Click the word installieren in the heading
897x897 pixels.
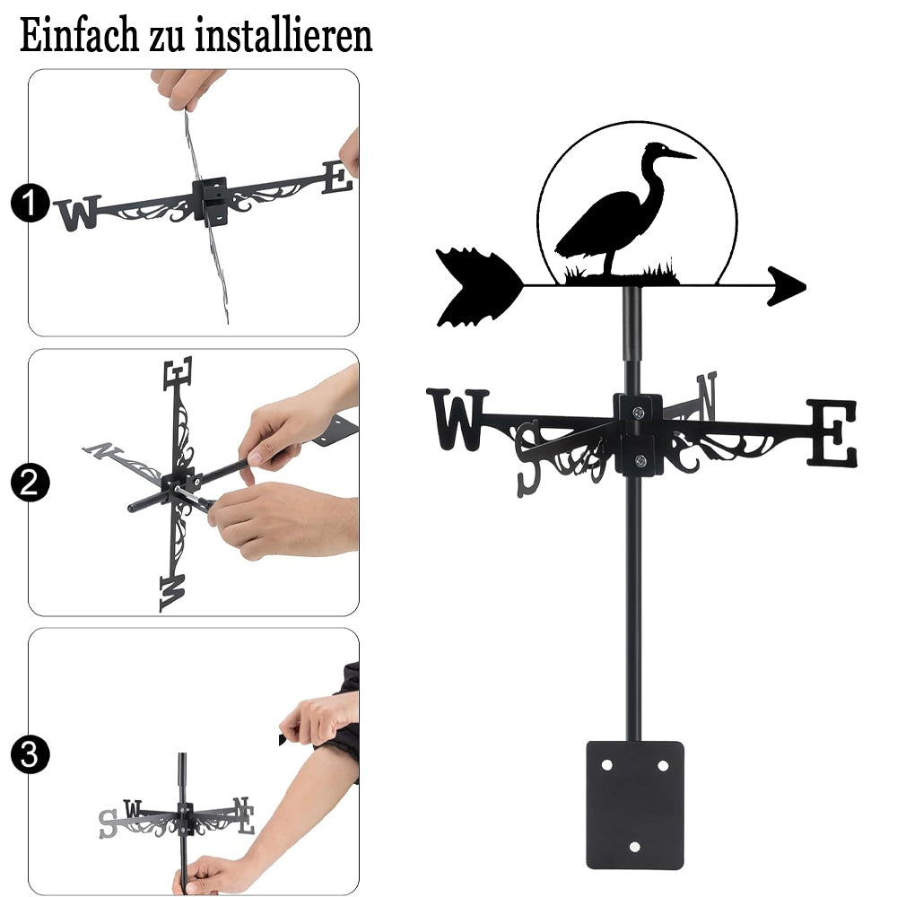(x=283, y=36)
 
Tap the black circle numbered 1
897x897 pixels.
(x=30, y=203)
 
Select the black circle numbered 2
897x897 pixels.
(x=30, y=483)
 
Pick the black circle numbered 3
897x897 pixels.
(x=30, y=754)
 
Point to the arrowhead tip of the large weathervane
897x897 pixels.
(x=806, y=286)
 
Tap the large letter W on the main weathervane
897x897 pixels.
(x=457, y=419)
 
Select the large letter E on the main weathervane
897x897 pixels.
(x=832, y=433)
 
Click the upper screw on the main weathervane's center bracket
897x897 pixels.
(x=638, y=412)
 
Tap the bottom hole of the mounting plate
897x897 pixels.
(x=634, y=847)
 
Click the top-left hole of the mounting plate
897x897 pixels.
(x=607, y=765)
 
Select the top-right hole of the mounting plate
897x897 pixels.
(x=663, y=765)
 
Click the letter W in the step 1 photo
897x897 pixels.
(x=78, y=213)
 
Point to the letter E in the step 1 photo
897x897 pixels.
(x=337, y=178)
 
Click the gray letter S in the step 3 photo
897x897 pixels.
(x=108, y=823)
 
